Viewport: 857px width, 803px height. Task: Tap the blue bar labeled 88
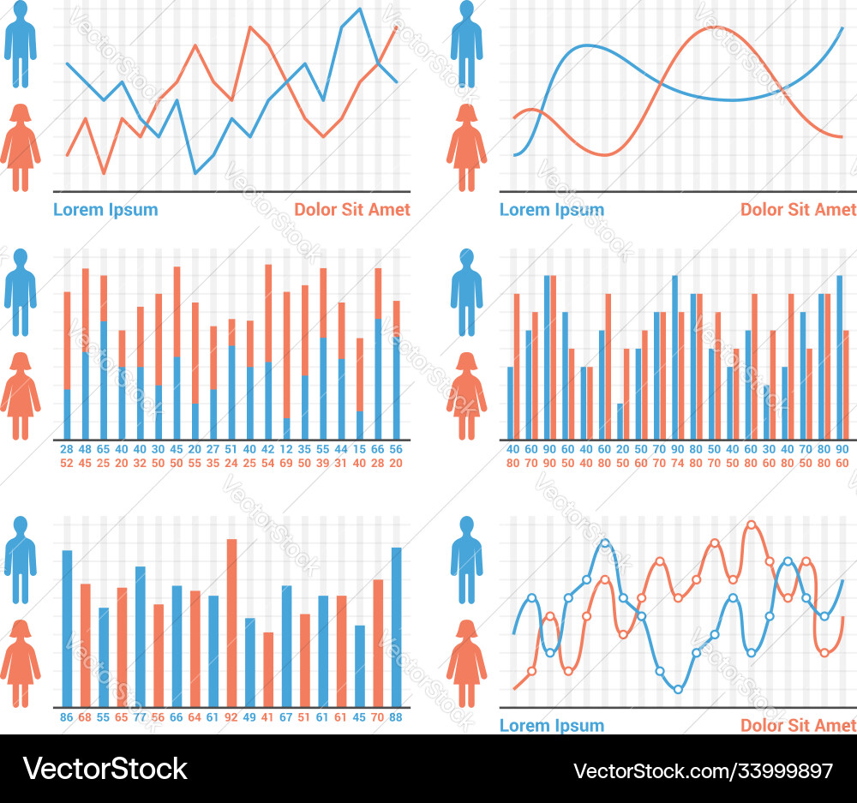pos(396,626)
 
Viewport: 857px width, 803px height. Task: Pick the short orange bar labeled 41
pos(268,669)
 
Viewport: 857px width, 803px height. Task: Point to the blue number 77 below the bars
pos(140,717)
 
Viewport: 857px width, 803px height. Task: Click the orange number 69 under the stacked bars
pos(286,463)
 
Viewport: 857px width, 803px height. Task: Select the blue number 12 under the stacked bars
pos(286,449)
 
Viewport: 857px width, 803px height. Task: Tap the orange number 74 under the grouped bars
pos(677,463)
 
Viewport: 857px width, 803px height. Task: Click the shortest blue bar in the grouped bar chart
pos(620,421)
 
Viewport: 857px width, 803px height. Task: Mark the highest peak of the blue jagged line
pos(359,9)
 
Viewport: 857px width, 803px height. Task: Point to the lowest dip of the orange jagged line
pos(105,173)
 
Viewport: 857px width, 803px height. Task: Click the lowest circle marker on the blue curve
pos(678,688)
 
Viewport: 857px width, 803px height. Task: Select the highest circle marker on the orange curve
pos(752,524)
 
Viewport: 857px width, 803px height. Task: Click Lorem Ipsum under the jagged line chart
pos(105,209)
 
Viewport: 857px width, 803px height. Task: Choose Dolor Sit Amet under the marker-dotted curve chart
pos(798,725)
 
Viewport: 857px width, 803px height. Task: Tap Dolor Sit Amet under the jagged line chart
pos(352,209)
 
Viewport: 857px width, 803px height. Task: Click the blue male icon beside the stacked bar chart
pos(21,291)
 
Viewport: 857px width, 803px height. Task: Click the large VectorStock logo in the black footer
pos(105,769)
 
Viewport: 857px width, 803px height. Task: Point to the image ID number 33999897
pos(776,770)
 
